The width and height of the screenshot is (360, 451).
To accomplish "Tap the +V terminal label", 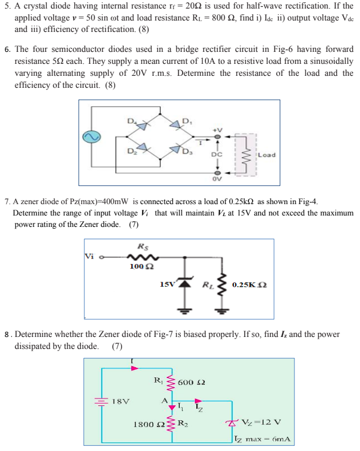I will [x=216, y=129].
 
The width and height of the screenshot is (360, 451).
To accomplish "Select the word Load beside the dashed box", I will [x=266, y=154].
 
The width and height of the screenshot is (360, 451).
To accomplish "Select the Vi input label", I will [x=90, y=255].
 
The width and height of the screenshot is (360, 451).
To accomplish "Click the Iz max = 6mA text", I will [x=264, y=439].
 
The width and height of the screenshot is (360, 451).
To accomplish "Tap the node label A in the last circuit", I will [x=165, y=401].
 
